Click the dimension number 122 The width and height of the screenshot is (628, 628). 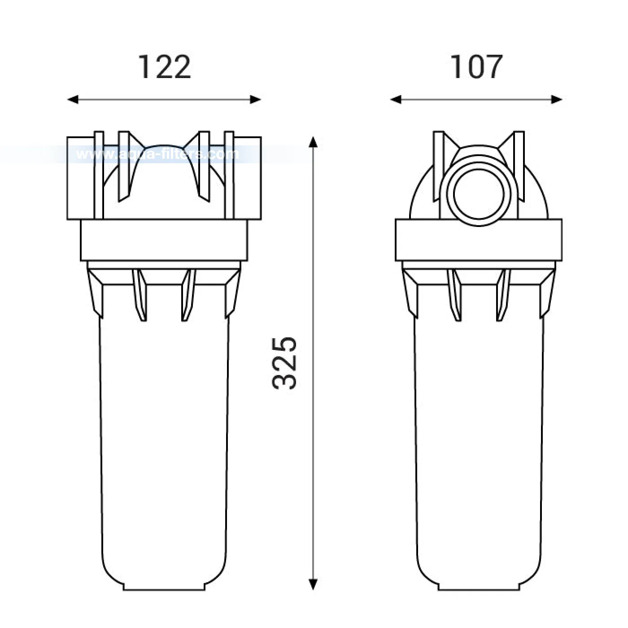tap(165, 67)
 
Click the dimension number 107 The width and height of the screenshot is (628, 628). tap(476, 67)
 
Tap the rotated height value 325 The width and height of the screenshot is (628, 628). tap(284, 363)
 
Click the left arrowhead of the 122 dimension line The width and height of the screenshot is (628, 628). tap(73, 100)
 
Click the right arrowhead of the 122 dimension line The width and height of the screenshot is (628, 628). tap(256, 100)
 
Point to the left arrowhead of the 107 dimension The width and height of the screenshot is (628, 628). tap(396, 100)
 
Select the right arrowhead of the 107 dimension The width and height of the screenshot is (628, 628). tap(557, 100)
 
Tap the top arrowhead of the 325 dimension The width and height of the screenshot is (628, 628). tap(313, 143)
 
